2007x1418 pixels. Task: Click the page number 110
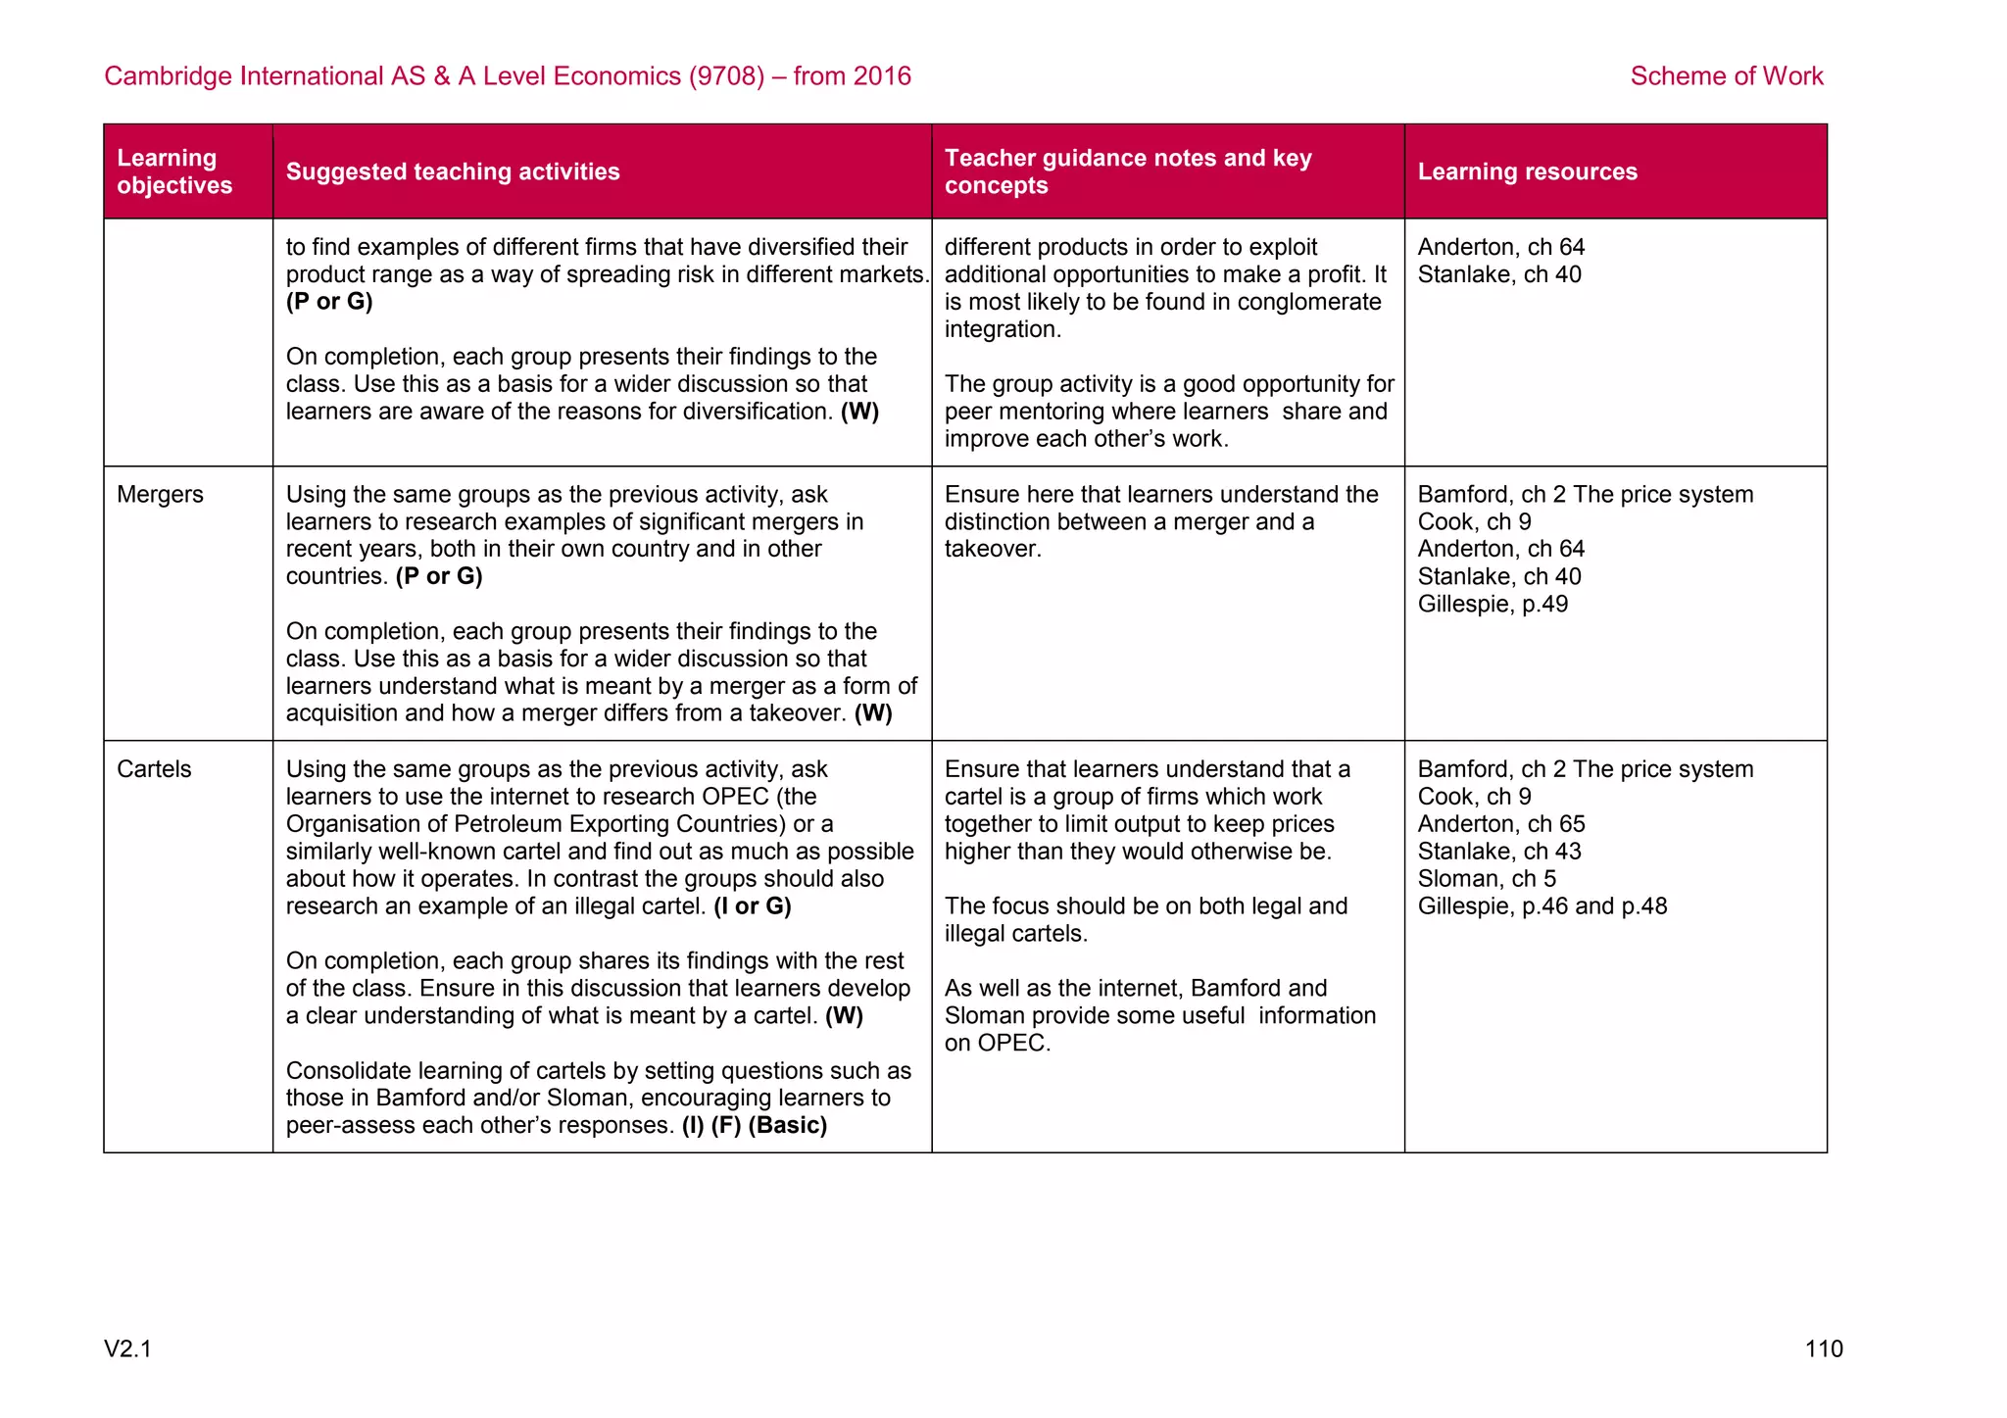click(x=1823, y=1349)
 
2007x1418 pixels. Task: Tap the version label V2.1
click(x=128, y=1349)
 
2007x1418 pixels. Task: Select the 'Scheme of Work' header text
click(x=1726, y=76)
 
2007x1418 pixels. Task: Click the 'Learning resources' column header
click(x=1527, y=171)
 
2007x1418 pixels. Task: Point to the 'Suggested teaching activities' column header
click(x=453, y=171)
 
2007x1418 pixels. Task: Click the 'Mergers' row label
click(x=160, y=495)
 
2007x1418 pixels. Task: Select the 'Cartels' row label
click(x=154, y=769)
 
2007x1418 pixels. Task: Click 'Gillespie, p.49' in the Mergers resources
click(x=1492, y=605)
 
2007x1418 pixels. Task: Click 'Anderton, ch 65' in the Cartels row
click(x=1500, y=824)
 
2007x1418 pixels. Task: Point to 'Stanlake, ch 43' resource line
click(x=1498, y=852)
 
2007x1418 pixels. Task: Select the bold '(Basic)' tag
click(x=787, y=1126)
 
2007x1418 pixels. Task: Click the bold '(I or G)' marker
click(x=752, y=906)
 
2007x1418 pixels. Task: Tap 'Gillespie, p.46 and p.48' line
click(x=1542, y=906)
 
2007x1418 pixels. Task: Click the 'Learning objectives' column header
click(x=173, y=171)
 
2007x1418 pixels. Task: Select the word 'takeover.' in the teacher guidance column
click(x=992, y=550)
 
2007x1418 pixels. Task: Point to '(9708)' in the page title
click(x=725, y=76)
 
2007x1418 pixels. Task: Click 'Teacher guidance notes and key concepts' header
click(x=1127, y=171)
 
